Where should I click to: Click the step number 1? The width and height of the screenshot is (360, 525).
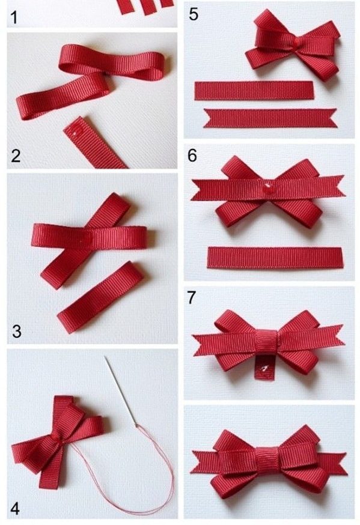(14, 17)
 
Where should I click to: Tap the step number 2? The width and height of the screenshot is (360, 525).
(16, 156)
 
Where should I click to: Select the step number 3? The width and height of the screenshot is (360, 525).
(17, 331)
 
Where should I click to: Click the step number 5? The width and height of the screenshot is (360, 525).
(194, 14)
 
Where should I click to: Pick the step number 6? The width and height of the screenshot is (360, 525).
(192, 156)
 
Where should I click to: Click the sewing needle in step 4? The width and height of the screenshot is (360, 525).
(121, 391)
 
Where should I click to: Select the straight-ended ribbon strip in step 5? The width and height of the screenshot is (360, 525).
(254, 90)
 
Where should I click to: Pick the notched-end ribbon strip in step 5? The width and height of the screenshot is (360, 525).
(270, 118)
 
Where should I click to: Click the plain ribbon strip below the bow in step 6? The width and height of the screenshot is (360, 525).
(275, 258)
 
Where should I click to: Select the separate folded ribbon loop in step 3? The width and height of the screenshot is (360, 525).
(101, 297)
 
